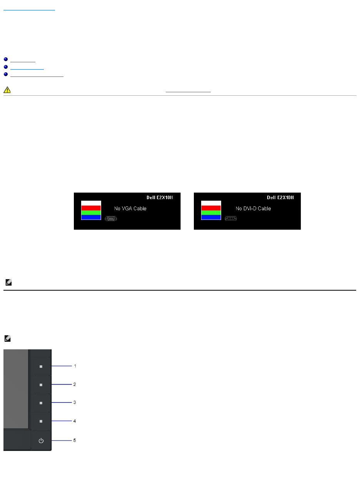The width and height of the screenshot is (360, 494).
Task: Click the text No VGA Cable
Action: pyautogui.click(x=130, y=208)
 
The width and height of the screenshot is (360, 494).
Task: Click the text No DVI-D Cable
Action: pyautogui.click(x=253, y=208)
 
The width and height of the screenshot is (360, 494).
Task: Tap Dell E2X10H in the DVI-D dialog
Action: pyautogui.click(x=280, y=198)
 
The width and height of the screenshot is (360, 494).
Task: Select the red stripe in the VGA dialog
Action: pyautogui.click(x=91, y=208)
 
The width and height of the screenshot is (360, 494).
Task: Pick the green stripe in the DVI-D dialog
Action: pyautogui.click(x=211, y=213)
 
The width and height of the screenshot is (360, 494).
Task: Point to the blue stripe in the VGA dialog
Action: pyautogui.click(x=91, y=217)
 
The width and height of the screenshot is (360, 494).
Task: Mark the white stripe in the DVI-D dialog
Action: pyautogui.click(x=211, y=203)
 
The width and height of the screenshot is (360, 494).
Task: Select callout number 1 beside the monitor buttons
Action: pyautogui.click(x=75, y=366)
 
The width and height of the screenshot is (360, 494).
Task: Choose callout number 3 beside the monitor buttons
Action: pyautogui.click(x=75, y=403)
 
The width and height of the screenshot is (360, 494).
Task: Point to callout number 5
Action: pyautogui.click(x=75, y=440)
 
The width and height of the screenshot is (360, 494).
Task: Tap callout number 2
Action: pyautogui.click(x=75, y=384)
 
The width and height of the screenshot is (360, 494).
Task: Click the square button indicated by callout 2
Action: pyautogui.click(x=41, y=384)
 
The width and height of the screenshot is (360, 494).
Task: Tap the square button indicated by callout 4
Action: pyautogui.click(x=41, y=421)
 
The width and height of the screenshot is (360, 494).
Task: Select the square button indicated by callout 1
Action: pyautogui.click(x=41, y=366)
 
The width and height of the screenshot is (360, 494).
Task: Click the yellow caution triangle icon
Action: pyautogui.click(x=7, y=90)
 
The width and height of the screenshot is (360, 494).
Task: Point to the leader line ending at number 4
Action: pyautogui.click(x=62, y=421)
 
